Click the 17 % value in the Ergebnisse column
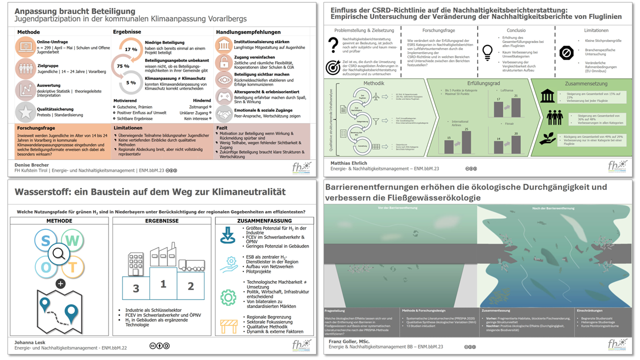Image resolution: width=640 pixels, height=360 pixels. [131, 49]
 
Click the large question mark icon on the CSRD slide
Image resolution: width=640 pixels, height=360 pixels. [333, 45]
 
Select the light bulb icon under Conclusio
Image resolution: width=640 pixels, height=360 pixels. [487, 51]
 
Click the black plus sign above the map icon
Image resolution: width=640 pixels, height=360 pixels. [60, 283]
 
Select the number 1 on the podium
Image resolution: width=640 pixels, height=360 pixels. [163, 284]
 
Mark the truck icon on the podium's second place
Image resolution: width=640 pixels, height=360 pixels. [190, 265]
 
